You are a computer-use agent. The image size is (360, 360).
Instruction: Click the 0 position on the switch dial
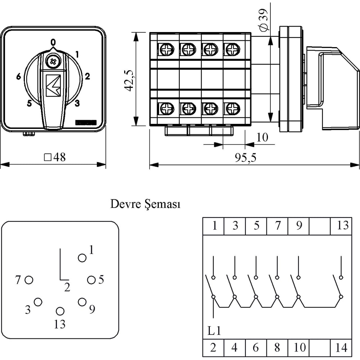pyautogui.click(x=53, y=42)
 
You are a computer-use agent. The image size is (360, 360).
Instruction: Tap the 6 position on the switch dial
pyautogui.click(x=19, y=76)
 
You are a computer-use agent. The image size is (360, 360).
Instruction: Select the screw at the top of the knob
pyautogui.click(x=53, y=61)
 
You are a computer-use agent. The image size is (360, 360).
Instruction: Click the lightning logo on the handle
pyautogui.click(x=53, y=85)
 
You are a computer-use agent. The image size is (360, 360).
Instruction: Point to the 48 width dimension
pyautogui.click(x=55, y=157)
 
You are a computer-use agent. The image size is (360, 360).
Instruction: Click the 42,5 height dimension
pyautogui.click(x=129, y=80)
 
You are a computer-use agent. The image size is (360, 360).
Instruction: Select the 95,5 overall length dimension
pyautogui.click(x=246, y=158)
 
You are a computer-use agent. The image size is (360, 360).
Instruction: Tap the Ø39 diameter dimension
pyautogui.click(x=264, y=20)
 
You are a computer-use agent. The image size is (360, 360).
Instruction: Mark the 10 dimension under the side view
pyautogui.click(x=262, y=137)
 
